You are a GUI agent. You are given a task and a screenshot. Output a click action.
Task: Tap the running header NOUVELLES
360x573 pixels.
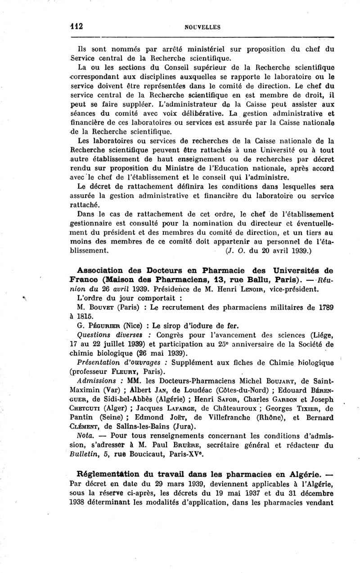tap(202, 27)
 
